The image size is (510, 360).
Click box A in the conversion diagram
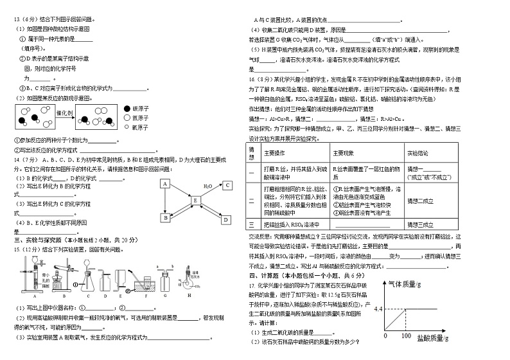click(x=164, y=184)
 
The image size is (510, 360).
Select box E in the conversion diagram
click(x=196, y=201)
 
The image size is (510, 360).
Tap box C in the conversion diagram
click(x=227, y=185)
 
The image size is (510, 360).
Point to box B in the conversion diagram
click(x=164, y=218)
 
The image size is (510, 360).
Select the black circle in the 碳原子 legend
click(x=121, y=109)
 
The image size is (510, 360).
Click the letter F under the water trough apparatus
click(x=146, y=296)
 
